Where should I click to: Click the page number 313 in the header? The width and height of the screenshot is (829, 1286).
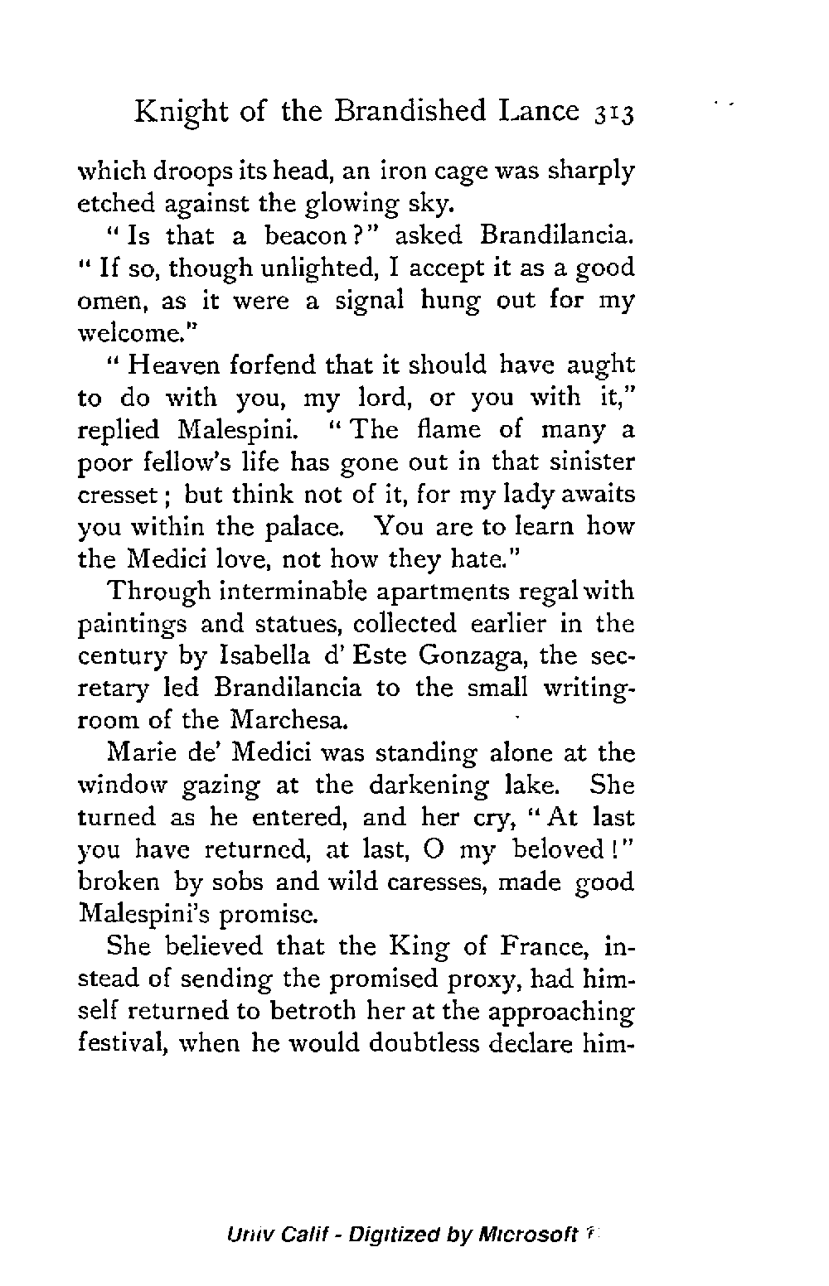click(612, 113)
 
